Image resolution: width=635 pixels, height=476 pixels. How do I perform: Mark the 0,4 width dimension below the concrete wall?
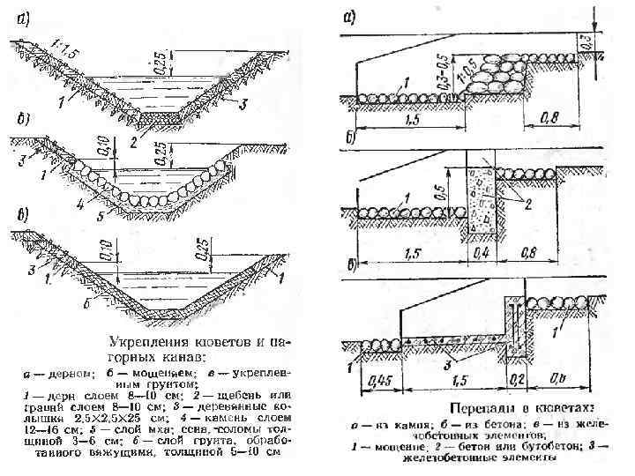482,250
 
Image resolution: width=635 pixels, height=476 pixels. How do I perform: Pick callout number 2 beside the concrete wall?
528,205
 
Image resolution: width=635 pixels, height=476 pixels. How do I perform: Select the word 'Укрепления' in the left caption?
146,338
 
